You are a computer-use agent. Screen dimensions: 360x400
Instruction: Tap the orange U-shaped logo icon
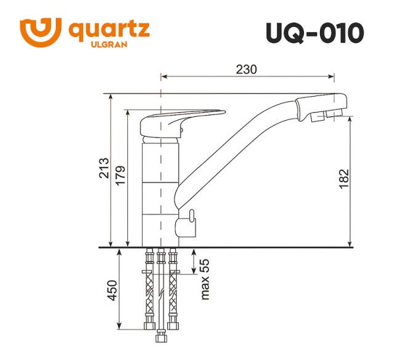click(x=41, y=31)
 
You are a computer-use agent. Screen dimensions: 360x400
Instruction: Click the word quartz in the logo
click(x=109, y=29)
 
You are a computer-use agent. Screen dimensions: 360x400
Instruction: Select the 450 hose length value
click(x=111, y=289)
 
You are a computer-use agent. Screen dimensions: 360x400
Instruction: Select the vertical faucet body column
click(x=161, y=191)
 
